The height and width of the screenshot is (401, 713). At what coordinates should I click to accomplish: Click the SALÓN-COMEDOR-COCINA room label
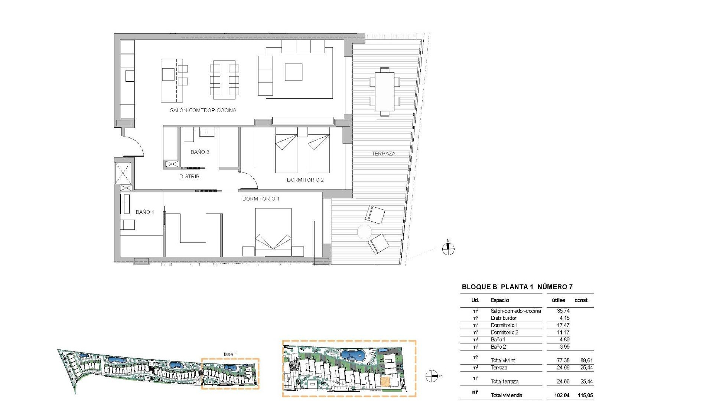pyautogui.click(x=203, y=110)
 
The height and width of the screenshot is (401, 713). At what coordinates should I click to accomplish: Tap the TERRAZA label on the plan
pyautogui.click(x=383, y=153)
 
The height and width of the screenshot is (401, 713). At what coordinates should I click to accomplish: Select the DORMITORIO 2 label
pyautogui.click(x=305, y=180)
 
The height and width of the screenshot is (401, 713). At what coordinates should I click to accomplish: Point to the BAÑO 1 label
pyautogui.click(x=144, y=212)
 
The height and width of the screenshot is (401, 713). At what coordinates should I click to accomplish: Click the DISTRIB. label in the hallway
pyautogui.click(x=190, y=177)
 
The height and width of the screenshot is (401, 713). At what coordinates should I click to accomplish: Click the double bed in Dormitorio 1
pyautogui.click(x=273, y=232)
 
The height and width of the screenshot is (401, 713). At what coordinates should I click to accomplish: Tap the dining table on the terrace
pyautogui.click(x=384, y=91)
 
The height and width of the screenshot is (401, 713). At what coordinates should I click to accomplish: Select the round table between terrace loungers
pyautogui.click(x=364, y=232)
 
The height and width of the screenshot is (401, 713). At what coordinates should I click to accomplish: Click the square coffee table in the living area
pyautogui.click(x=293, y=72)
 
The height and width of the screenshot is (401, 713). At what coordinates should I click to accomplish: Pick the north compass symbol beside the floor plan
pyautogui.click(x=448, y=248)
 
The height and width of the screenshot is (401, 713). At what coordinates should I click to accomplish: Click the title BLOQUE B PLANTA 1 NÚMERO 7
pyautogui.click(x=517, y=287)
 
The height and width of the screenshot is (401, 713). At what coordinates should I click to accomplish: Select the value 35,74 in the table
pyautogui.click(x=563, y=311)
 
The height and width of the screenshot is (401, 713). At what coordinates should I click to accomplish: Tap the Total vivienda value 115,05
pyautogui.click(x=585, y=395)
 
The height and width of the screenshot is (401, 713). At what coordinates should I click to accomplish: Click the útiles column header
pyautogui.click(x=558, y=300)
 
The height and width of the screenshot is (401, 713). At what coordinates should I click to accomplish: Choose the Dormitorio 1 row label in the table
pyautogui.click(x=504, y=325)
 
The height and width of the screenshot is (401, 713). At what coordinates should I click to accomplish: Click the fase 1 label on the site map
pyautogui.click(x=230, y=354)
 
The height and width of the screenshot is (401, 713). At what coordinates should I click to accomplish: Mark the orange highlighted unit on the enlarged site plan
pyautogui.click(x=386, y=382)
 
